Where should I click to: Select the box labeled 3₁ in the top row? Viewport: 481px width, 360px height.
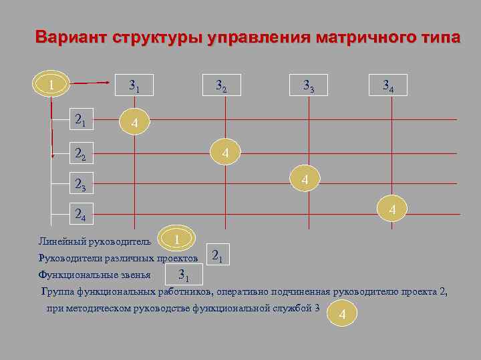[134, 85]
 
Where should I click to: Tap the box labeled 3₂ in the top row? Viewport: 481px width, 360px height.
[220, 85]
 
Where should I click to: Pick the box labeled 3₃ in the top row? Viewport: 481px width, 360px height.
[308, 85]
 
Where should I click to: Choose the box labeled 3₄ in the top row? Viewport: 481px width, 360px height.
[387, 85]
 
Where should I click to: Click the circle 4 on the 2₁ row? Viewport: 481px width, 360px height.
[135, 123]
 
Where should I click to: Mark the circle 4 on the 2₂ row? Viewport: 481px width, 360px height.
[226, 153]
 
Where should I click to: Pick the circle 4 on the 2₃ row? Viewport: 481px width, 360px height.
[305, 180]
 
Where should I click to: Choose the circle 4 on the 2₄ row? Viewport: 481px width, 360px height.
[393, 210]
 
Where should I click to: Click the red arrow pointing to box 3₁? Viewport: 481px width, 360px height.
[91, 83]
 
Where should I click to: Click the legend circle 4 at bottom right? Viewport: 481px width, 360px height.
[342, 314]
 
